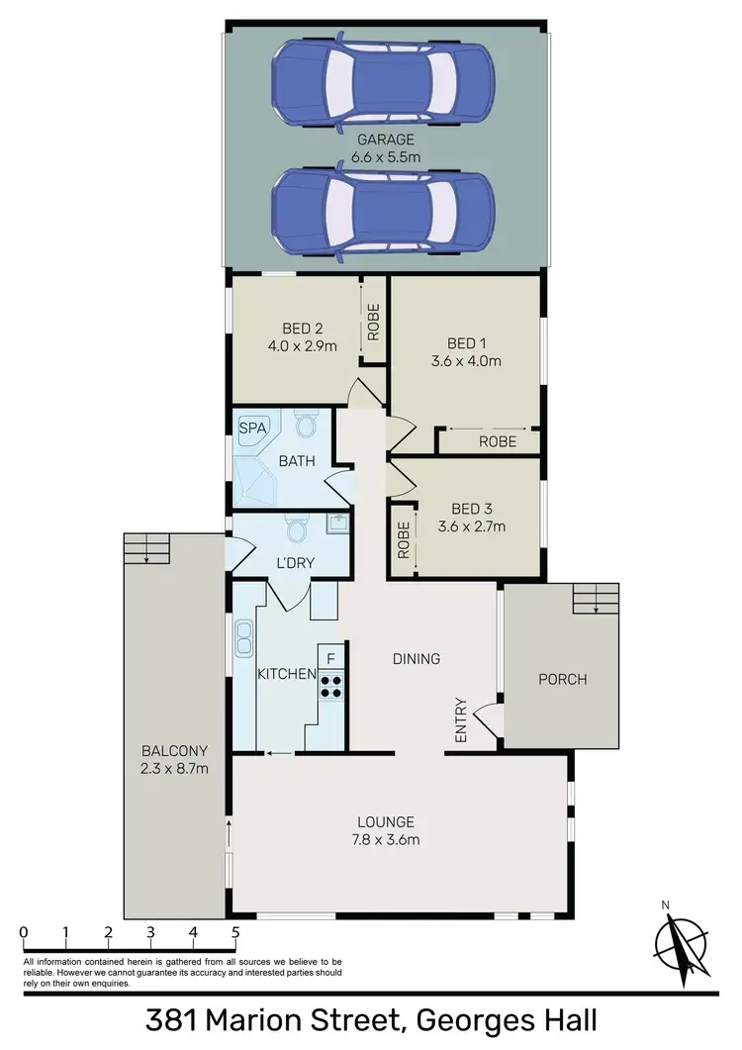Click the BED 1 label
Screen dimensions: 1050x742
(x=466, y=343)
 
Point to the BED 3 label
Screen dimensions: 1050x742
(x=471, y=510)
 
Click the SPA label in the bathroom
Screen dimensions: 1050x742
(x=251, y=430)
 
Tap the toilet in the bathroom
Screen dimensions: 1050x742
(x=306, y=427)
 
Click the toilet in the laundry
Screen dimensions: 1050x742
(x=295, y=530)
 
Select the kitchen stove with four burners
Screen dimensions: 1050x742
(x=330, y=685)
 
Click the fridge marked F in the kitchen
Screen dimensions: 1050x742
(x=330, y=656)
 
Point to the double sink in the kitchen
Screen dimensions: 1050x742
(x=243, y=638)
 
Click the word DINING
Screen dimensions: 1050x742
(x=416, y=658)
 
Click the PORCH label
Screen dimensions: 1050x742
(x=562, y=679)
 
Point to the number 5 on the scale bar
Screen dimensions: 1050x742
(x=234, y=932)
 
